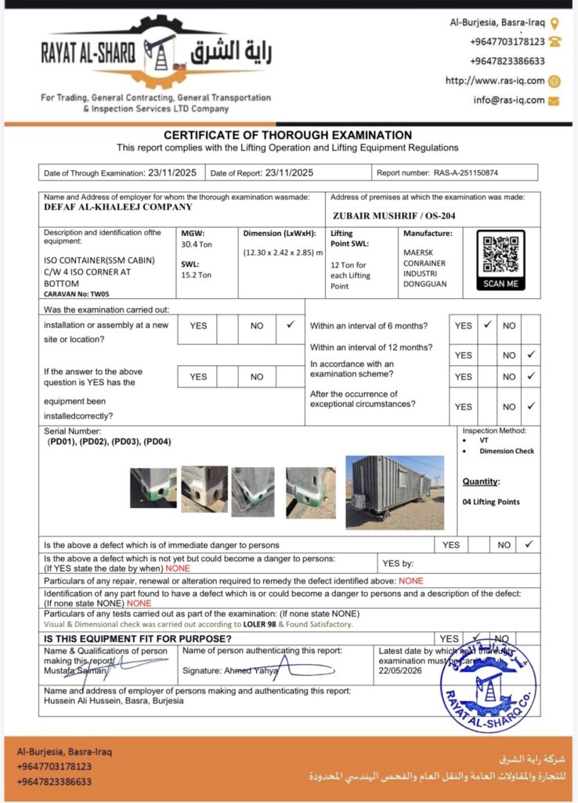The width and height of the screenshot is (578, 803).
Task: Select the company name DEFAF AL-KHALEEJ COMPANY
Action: coord(117,207)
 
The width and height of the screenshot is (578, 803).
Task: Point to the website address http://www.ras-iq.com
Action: coord(494,81)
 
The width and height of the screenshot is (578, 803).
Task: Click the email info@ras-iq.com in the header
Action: coord(508,100)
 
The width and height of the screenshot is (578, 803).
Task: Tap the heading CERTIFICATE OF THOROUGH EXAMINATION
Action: coord(287,135)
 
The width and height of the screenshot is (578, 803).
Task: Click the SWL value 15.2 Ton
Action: coord(196,275)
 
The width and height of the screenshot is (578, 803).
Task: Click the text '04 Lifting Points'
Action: coord(490,502)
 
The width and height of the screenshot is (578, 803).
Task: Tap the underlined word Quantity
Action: coord(480,481)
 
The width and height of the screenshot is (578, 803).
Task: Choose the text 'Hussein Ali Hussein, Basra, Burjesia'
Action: coord(114,701)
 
